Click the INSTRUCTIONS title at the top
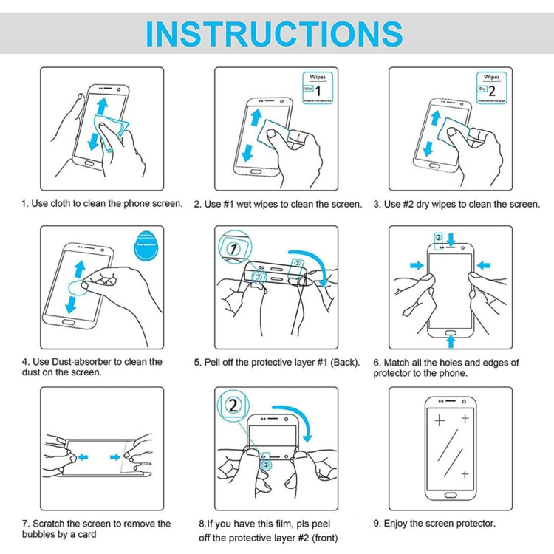tap(274, 34)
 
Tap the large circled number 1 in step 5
tap(233, 249)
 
